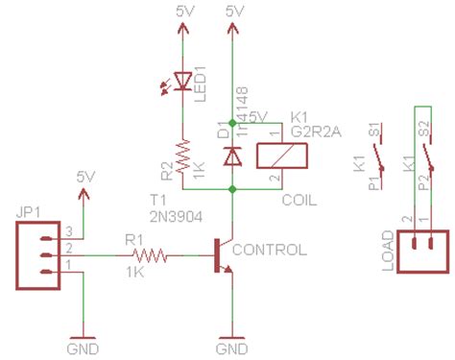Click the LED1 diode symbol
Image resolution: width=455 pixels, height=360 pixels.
point(182,84)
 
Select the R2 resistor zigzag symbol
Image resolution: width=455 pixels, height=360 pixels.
point(182,156)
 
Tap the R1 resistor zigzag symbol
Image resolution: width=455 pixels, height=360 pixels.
point(152,255)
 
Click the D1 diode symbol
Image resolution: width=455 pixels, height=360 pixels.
point(231,155)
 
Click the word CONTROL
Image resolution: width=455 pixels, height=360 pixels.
point(271,250)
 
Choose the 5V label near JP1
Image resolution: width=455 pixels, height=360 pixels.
point(86,177)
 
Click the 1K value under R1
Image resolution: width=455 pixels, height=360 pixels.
point(135,275)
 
